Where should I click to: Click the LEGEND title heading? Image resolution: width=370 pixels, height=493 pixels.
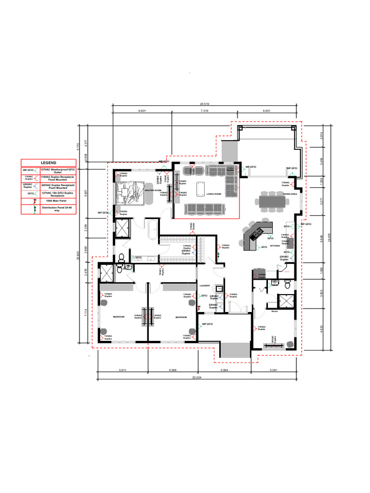click(x=48, y=163)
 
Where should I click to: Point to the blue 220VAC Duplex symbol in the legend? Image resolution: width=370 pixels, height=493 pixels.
click(x=28, y=185)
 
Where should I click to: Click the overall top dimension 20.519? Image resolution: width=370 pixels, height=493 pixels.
click(x=205, y=104)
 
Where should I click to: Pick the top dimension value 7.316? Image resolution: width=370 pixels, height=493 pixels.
click(x=204, y=111)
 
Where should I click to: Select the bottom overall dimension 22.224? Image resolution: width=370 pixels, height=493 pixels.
click(x=197, y=377)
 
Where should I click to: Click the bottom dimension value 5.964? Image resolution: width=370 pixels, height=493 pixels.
click(x=224, y=370)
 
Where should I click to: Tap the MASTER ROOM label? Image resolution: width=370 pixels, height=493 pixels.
click(x=153, y=190)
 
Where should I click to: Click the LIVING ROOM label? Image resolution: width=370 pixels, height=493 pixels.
click(x=213, y=195)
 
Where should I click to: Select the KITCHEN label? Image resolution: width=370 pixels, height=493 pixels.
click(x=275, y=246)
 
